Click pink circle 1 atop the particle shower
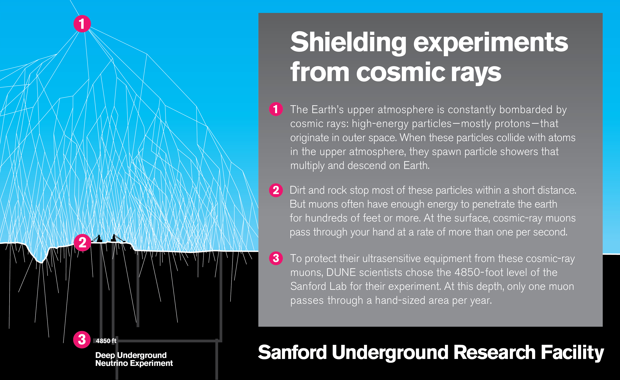tap(82, 24)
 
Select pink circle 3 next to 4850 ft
tap(82, 340)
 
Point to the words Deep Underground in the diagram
tap(131, 355)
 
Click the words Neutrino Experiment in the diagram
tap(134, 363)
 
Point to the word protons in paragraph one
tap(512, 124)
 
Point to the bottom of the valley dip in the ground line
tap(41, 262)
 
